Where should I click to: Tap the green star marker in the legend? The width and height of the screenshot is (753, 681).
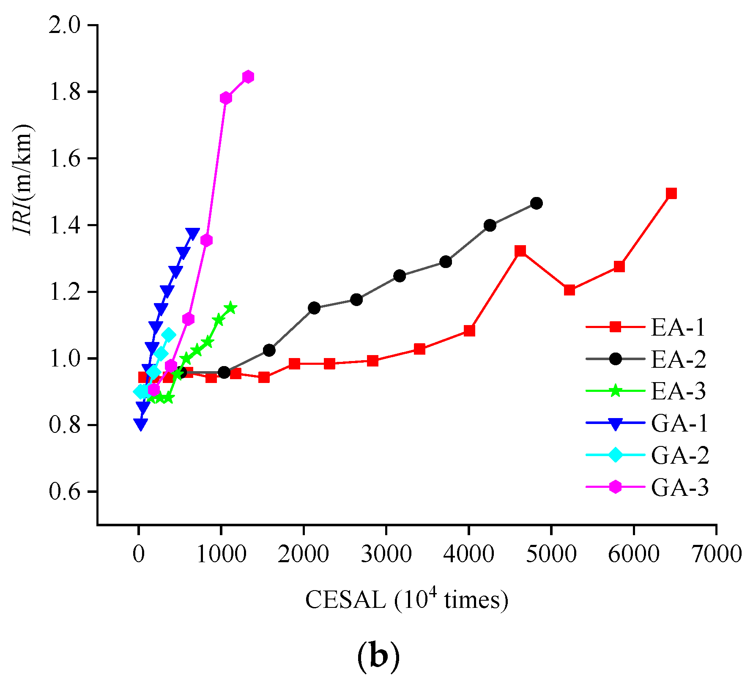[x=616, y=391]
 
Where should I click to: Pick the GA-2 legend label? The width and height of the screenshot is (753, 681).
[x=680, y=455]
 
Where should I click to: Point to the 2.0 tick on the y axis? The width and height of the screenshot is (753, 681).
[x=64, y=25]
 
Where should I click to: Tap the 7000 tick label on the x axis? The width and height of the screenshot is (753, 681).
[x=716, y=554]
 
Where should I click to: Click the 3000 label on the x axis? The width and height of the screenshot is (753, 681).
[x=386, y=554]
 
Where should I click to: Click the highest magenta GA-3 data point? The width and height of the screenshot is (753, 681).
[x=248, y=77]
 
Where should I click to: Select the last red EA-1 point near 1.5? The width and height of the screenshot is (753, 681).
[x=671, y=194]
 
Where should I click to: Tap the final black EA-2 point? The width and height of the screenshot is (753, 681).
[x=537, y=203]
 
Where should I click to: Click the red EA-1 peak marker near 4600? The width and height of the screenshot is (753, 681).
[x=520, y=251]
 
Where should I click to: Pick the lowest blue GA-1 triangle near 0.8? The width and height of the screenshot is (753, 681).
[x=141, y=424]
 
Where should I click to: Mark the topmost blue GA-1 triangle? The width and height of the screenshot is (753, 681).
[x=193, y=233]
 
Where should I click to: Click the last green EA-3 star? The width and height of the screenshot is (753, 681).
[x=230, y=307]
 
